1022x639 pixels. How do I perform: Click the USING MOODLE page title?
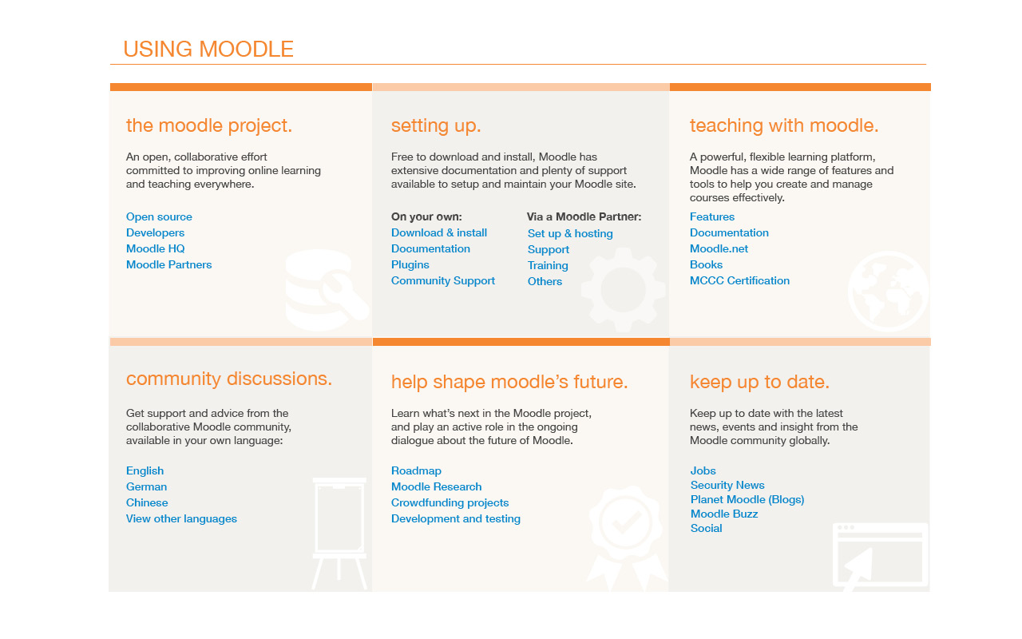pyautogui.click(x=208, y=49)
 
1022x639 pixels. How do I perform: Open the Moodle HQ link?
pyautogui.click(x=155, y=248)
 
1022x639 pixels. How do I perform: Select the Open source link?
pyautogui.click(x=159, y=216)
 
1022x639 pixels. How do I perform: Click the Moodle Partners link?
pyautogui.click(x=168, y=264)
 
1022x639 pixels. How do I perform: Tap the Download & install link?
pyautogui.click(x=439, y=232)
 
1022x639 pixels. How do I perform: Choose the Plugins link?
pyautogui.click(x=410, y=264)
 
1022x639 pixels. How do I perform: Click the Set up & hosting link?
pyautogui.click(x=570, y=234)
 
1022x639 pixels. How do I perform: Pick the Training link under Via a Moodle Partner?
pyautogui.click(x=548, y=266)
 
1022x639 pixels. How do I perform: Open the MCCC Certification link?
pyautogui.click(x=739, y=280)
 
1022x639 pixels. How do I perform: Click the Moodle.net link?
pyautogui.click(x=719, y=248)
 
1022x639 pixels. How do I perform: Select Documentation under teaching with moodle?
pyautogui.click(x=729, y=232)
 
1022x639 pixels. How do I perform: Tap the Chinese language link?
pyautogui.click(x=147, y=502)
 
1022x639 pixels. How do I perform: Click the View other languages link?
pyautogui.click(x=181, y=519)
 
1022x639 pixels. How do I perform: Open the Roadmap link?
pyautogui.click(x=416, y=471)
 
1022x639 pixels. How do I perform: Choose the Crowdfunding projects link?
pyautogui.click(x=450, y=503)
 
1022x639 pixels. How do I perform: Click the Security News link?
pyautogui.click(x=727, y=485)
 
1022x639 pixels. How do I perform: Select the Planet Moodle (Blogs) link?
pyautogui.click(x=747, y=500)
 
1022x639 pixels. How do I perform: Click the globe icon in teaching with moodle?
pyautogui.click(x=889, y=291)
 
